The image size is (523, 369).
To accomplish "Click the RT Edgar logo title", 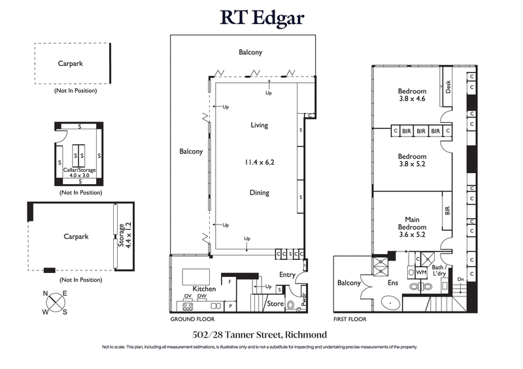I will pos(261,18).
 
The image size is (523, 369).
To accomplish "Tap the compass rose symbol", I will pos(56,302).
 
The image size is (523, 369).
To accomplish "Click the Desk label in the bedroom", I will pos(448,87).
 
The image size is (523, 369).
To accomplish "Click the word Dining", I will pos(259,193).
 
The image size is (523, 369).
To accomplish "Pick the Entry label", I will pos(288,275).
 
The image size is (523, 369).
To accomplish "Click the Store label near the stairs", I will pos(275,303).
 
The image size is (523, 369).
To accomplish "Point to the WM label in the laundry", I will pos(422,271).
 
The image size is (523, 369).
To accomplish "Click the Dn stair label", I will pos(460,279).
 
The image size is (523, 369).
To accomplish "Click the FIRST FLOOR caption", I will pos(349,319).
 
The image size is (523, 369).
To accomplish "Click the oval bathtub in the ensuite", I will pos(389,303).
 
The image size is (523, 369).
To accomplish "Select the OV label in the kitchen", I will pos(188,296).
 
